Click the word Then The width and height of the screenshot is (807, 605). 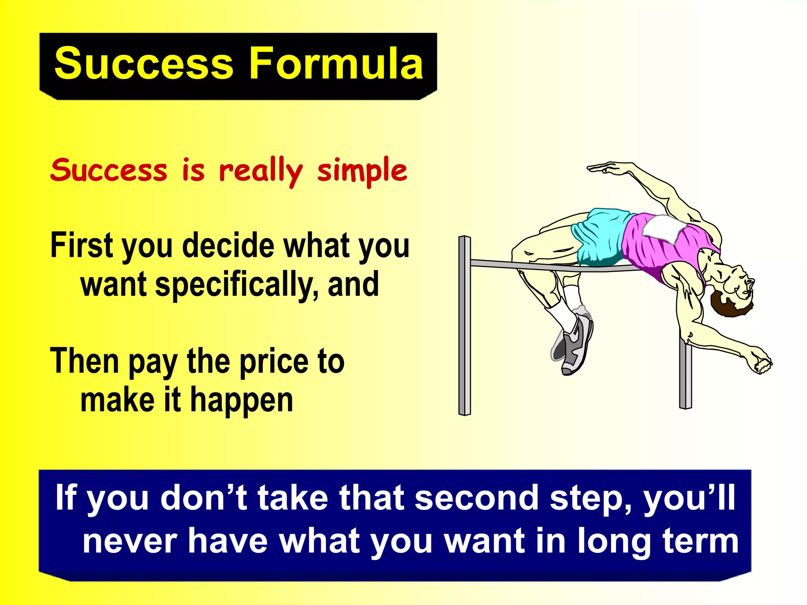(x=84, y=362)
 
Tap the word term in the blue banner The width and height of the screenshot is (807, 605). (x=700, y=542)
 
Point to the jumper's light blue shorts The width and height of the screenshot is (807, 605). (x=599, y=236)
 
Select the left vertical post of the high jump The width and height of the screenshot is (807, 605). (x=465, y=327)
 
